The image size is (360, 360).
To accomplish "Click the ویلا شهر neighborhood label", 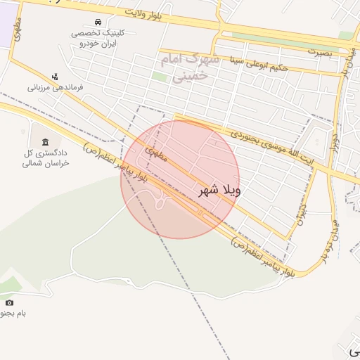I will (x=219, y=190).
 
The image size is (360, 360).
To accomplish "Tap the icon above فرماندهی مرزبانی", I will (x=56, y=76).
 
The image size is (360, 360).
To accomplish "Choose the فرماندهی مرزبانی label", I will (x=56, y=88).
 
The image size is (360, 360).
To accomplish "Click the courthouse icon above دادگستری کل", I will (x=45, y=142).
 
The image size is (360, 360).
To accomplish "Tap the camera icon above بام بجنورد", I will (x=9, y=302).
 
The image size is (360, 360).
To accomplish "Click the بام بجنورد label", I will (x=13, y=314).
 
